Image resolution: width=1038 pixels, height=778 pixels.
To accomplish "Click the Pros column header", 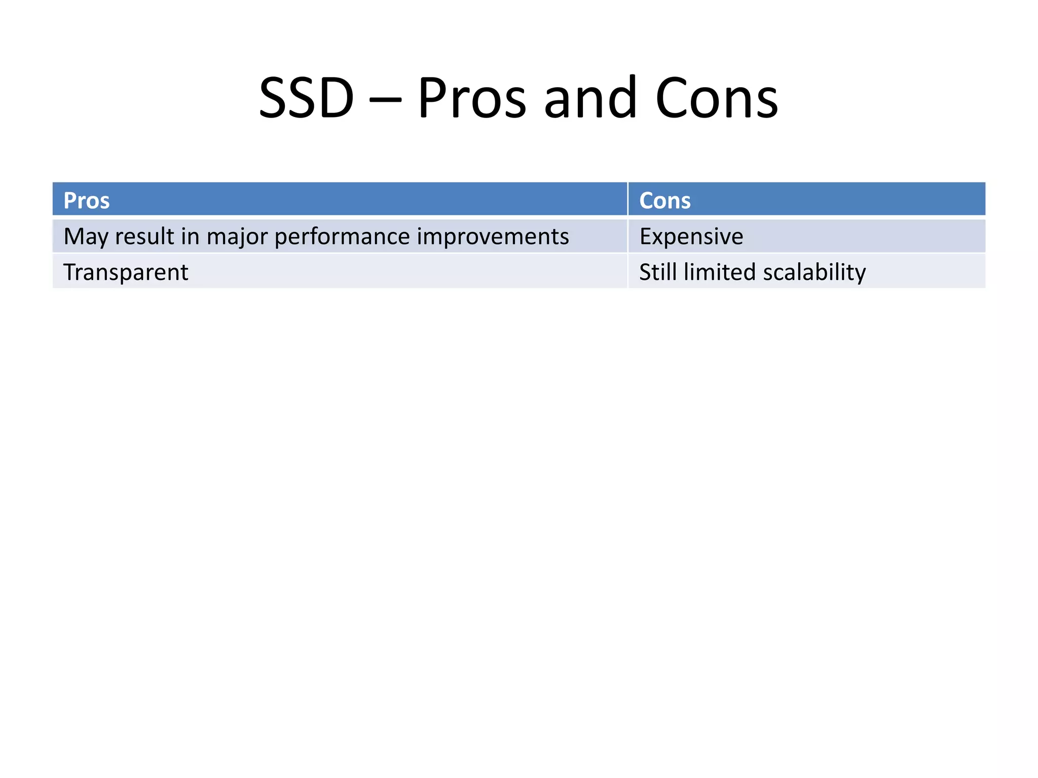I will [x=86, y=201].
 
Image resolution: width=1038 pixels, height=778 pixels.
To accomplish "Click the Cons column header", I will [x=664, y=201].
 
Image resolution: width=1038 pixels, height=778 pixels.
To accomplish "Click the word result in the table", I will [x=144, y=237].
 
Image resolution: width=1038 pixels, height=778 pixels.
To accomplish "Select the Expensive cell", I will [x=691, y=237].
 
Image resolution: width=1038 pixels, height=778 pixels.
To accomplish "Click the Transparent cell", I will [x=126, y=272].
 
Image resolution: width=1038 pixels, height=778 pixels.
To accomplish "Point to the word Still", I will [x=657, y=272].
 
